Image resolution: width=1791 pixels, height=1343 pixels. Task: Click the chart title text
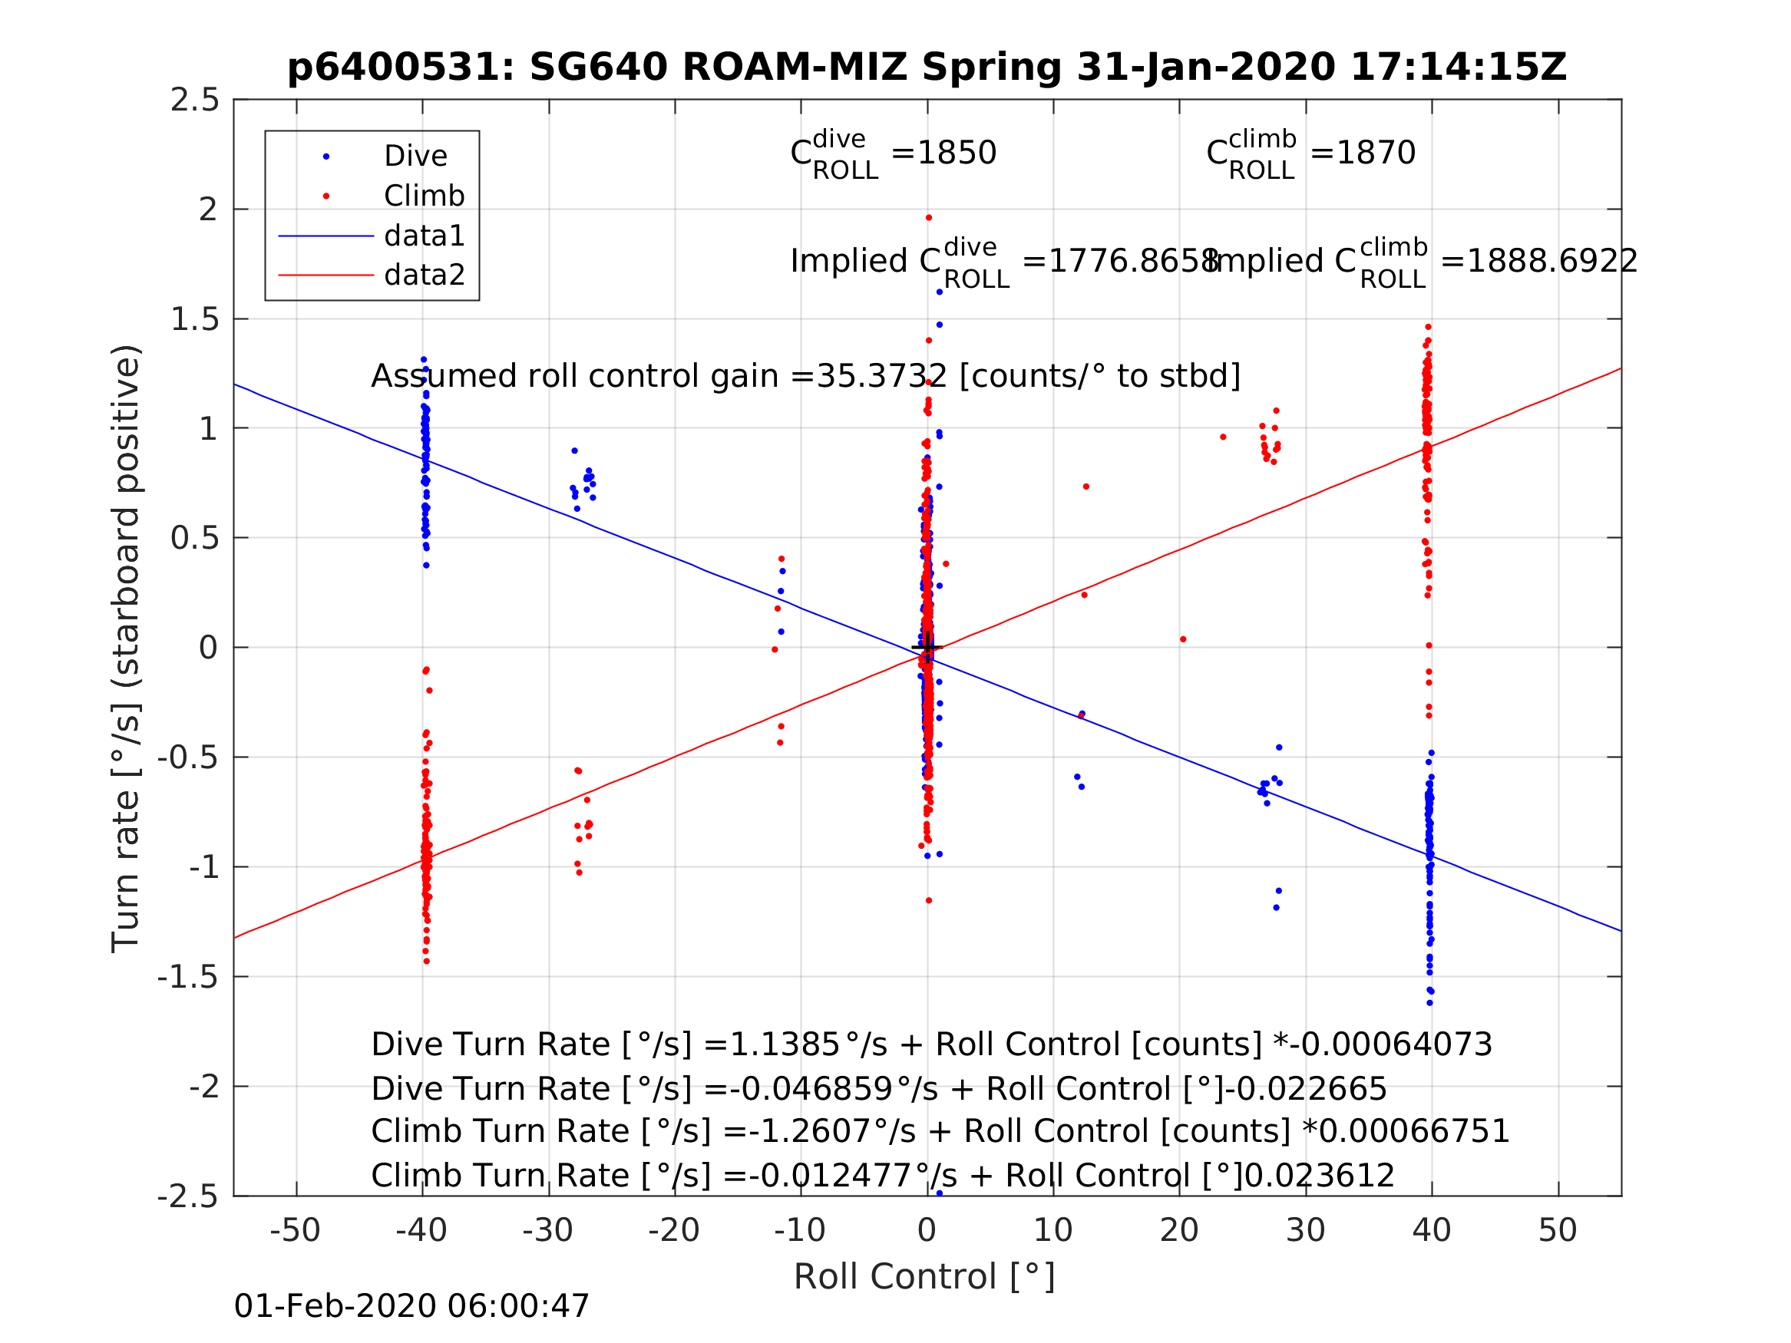[x=927, y=68]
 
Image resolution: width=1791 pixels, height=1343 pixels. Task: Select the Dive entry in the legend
[x=415, y=157]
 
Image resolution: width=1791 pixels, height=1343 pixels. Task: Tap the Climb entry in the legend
[x=424, y=196]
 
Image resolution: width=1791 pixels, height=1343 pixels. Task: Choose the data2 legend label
[x=425, y=276]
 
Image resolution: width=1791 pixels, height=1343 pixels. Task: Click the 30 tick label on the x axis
[x=1305, y=1230]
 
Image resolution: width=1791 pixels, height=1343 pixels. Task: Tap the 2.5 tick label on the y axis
[x=194, y=101]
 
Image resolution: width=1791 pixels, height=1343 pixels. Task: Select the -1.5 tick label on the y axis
[x=188, y=977]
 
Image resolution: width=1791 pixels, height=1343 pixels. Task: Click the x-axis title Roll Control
[x=924, y=1277]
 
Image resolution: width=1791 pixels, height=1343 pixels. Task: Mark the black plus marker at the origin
[x=927, y=648]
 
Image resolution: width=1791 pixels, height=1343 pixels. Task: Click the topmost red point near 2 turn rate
[x=929, y=218]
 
